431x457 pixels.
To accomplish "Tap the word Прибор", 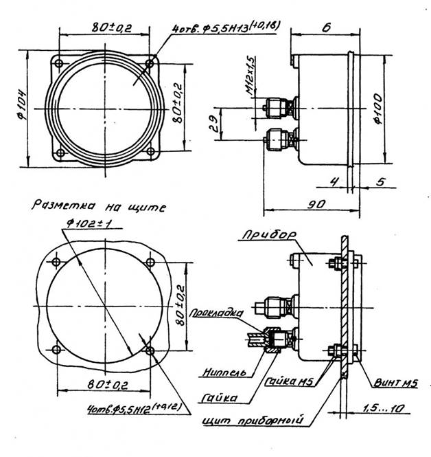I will (268, 235).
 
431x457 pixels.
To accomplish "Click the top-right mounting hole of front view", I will (150, 64).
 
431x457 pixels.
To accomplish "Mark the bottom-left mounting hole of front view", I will (60, 153).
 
